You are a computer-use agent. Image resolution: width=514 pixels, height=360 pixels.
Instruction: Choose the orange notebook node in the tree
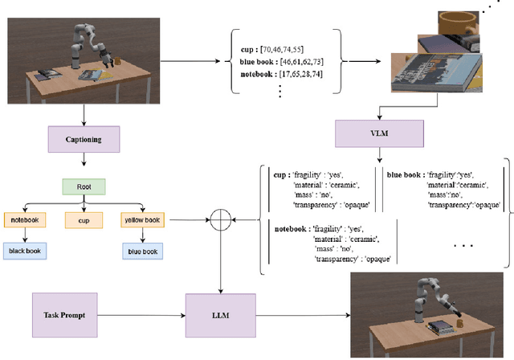(27, 219)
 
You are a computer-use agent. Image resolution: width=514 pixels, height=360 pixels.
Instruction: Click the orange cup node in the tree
(84, 219)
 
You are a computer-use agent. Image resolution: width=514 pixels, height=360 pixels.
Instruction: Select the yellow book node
(143, 219)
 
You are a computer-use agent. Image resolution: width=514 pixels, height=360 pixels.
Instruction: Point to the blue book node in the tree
(143, 251)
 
